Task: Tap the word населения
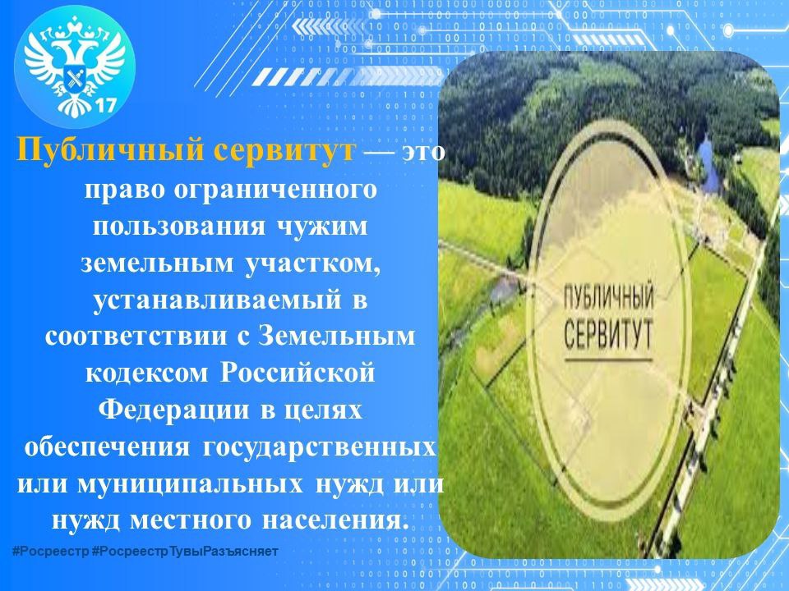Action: [x=325, y=521]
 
